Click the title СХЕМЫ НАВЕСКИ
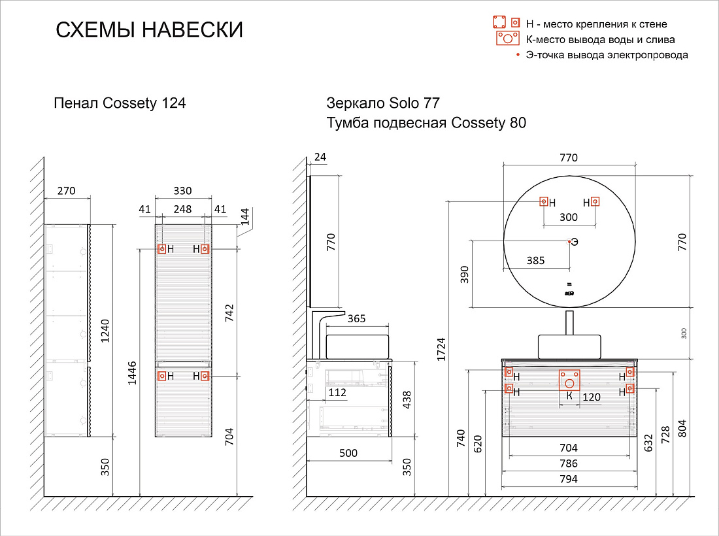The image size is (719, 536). [x=149, y=30]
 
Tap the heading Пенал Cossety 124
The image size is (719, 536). [x=120, y=103]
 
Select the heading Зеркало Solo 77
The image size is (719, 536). [x=383, y=103]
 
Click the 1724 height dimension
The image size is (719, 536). [x=441, y=349]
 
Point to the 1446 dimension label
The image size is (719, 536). [x=132, y=373]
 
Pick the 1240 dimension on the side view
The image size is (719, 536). [x=105, y=331]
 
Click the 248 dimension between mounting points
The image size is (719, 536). [x=182, y=209]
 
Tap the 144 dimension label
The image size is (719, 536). [x=245, y=217]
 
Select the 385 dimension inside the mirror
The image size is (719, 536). [x=535, y=260]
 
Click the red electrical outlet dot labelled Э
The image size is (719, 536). [x=569, y=241]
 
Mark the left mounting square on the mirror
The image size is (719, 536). [x=543, y=201]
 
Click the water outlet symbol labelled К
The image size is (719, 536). [x=569, y=380]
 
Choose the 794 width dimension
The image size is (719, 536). [x=569, y=479]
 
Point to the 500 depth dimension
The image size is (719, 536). [x=348, y=453]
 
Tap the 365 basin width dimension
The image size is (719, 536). [x=356, y=319]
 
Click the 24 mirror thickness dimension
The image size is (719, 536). [x=320, y=157]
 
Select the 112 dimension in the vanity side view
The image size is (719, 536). [x=337, y=392]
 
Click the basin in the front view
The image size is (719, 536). [x=569, y=346]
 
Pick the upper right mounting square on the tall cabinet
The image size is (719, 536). [x=205, y=249]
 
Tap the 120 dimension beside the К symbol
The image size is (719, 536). [x=592, y=397]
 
